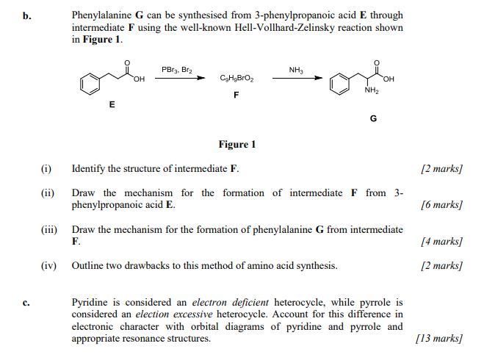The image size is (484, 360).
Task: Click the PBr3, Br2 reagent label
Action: [176, 70]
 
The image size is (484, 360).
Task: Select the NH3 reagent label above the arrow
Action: [296, 70]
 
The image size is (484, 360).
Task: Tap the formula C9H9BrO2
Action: [236, 79]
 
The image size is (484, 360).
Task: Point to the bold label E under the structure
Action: [112, 105]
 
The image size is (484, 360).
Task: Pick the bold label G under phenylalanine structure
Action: [373, 118]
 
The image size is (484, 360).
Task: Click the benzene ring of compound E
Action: [90, 83]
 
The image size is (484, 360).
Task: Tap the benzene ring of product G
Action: [339, 83]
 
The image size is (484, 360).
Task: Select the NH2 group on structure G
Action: [372, 91]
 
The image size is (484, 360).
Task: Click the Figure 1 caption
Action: [237, 145]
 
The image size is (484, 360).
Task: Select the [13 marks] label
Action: [438, 338]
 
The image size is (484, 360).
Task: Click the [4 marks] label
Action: [441, 241]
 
